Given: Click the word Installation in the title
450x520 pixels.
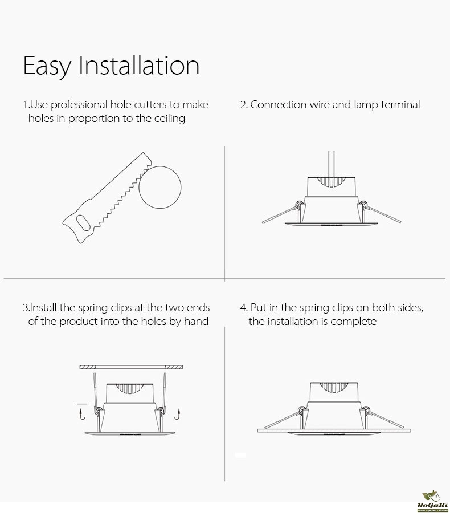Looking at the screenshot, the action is pos(139,66).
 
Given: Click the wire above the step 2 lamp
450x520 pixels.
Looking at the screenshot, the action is pos(332,164).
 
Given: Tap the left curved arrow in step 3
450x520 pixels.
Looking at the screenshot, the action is pos(82,414).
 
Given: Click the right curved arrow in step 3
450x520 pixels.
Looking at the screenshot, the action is pos(178,414).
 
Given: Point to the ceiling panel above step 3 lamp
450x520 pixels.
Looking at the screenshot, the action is pos(131,367).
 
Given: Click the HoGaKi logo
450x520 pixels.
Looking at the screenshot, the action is pos(432,502).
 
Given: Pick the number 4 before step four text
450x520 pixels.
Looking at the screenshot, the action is pos(243,308).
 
